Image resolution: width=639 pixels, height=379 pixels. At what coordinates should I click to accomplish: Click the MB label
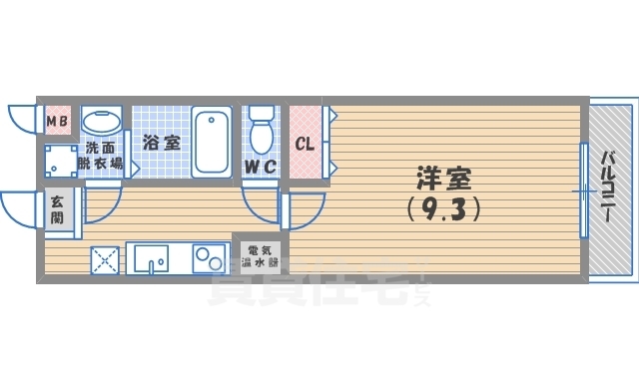(58, 122)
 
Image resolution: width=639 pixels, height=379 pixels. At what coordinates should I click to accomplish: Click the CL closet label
(305, 143)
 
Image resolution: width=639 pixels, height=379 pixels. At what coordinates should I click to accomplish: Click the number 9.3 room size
(444, 209)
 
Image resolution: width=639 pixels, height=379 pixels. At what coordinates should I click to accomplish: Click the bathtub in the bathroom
(212, 142)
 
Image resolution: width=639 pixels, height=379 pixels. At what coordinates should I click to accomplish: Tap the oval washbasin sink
(101, 123)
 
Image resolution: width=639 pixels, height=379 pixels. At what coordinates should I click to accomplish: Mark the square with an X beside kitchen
(105, 260)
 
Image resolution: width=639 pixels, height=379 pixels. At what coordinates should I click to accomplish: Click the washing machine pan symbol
(62, 160)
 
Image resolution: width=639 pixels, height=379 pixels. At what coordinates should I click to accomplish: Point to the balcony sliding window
(582, 189)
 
